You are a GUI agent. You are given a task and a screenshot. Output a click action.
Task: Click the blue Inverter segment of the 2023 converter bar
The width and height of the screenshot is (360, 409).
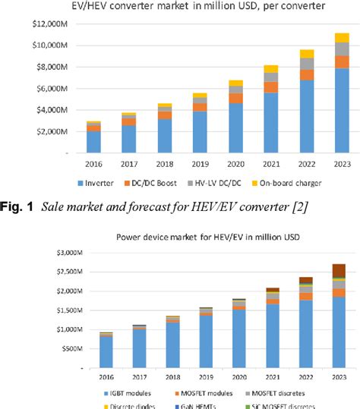(x=343, y=110)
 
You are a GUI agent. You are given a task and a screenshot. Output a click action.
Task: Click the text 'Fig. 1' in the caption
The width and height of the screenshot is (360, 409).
(x=16, y=207)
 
